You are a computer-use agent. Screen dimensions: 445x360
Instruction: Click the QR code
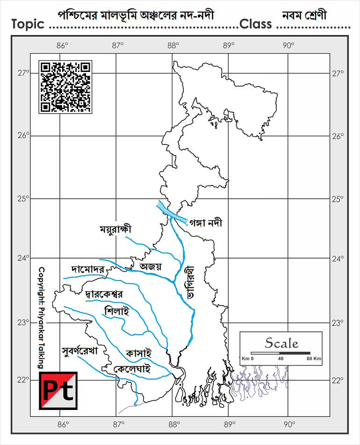65,87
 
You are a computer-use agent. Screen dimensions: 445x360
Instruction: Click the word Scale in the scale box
281,344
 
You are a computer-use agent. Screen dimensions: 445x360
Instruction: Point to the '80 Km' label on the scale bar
314,359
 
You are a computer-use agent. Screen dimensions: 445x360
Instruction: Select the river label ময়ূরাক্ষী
116,230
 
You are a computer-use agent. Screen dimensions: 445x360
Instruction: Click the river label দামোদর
88,270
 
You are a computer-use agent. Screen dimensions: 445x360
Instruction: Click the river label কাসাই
139,353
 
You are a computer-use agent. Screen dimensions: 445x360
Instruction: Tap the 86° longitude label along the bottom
63,424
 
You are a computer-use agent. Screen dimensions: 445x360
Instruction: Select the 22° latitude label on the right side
338,380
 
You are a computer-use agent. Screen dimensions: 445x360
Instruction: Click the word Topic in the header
28,24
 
